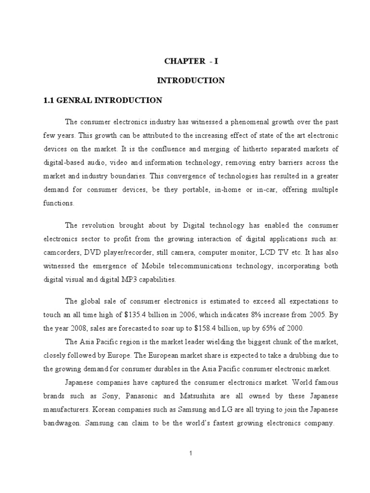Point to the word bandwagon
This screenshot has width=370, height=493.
click(62, 424)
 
